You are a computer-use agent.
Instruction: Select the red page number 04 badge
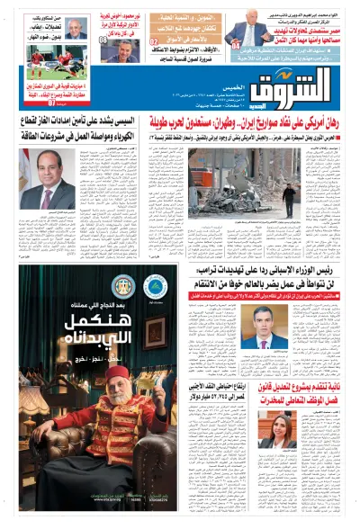235,44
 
